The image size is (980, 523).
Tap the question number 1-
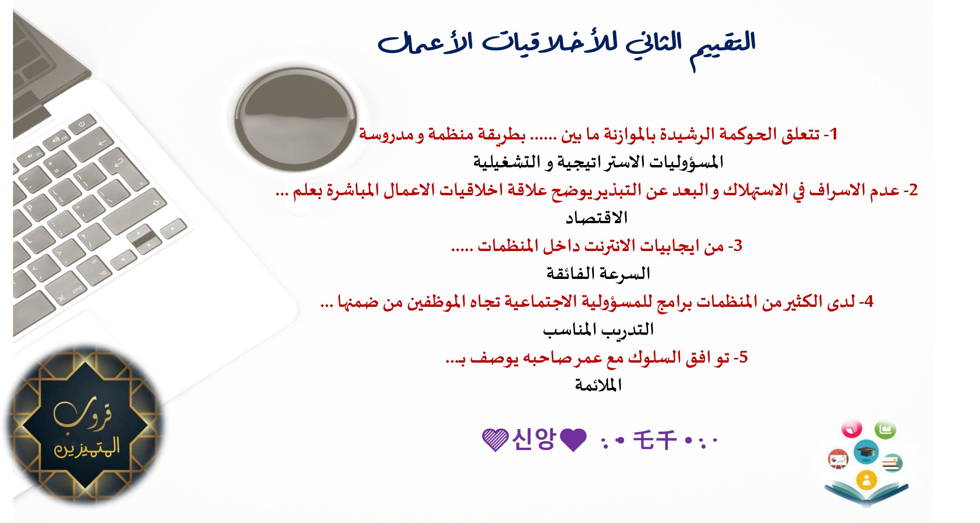pyautogui.click(x=830, y=134)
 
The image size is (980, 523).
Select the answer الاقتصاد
pyautogui.click(x=596, y=218)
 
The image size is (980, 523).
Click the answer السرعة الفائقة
pyautogui.click(x=598, y=273)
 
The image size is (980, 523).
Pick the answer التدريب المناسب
pyautogui.click(x=598, y=329)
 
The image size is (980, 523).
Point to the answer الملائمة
pyautogui.click(x=598, y=385)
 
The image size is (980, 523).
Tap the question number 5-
pyautogui.click(x=740, y=357)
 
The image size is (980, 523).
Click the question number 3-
pyautogui.click(x=735, y=246)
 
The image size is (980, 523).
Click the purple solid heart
pyautogui.click(x=573, y=439)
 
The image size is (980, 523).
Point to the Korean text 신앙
pyautogui.click(x=534, y=438)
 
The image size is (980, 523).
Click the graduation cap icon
pyautogui.click(x=866, y=451)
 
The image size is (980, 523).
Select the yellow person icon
pyautogui.click(x=866, y=479)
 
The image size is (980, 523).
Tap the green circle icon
pyautogui.click(x=885, y=429)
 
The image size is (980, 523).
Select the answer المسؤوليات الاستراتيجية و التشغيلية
pyautogui.click(x=598, y=162)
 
